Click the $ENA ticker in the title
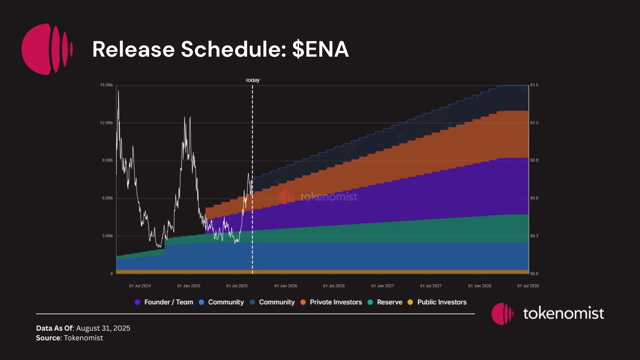(x=320, y=49)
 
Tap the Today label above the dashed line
(x=253, y=80)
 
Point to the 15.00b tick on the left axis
(x=106, y=85)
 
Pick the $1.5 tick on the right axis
(x=534, y=85)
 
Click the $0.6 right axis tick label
(x=534, y=198)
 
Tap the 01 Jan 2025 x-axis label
(x=189, y=286)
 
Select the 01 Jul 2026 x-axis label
(x=334, y=286)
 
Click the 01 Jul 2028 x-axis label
(x=528, y=286)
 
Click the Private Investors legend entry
(x=336, y=302)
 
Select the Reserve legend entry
(x=389, y=302)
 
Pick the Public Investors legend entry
(x=442, y=302)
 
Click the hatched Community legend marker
(x=252, y=302)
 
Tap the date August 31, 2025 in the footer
(x=103, y=328)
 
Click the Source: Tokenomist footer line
(x=69, y=338)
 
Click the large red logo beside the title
(x=47, y=49)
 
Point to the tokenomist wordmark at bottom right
(x=563, y=313)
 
